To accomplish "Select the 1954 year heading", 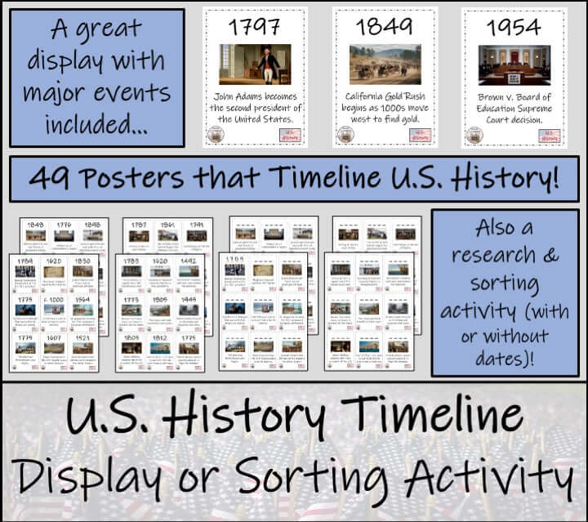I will [x=513, y=27].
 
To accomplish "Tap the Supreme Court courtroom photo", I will [x=513, y=65].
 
